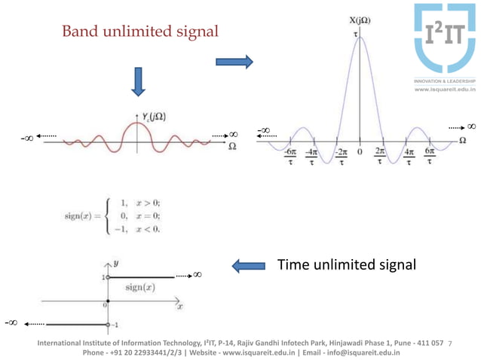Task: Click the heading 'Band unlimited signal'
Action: (x=140, y=32)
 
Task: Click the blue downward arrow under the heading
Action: (x=137, y=81)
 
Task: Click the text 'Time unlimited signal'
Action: (x=346, y=264)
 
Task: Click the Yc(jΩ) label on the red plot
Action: (x=154, y=116)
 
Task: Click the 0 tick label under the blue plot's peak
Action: (x=360, y=151)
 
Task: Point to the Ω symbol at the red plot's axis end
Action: (x=232, y=146)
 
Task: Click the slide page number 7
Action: (x=449, y=343)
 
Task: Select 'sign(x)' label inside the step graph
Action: (x=140, y=287)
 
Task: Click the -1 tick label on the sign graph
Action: (x=116, y=325)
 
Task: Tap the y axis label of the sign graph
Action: (x=117, y=264)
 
